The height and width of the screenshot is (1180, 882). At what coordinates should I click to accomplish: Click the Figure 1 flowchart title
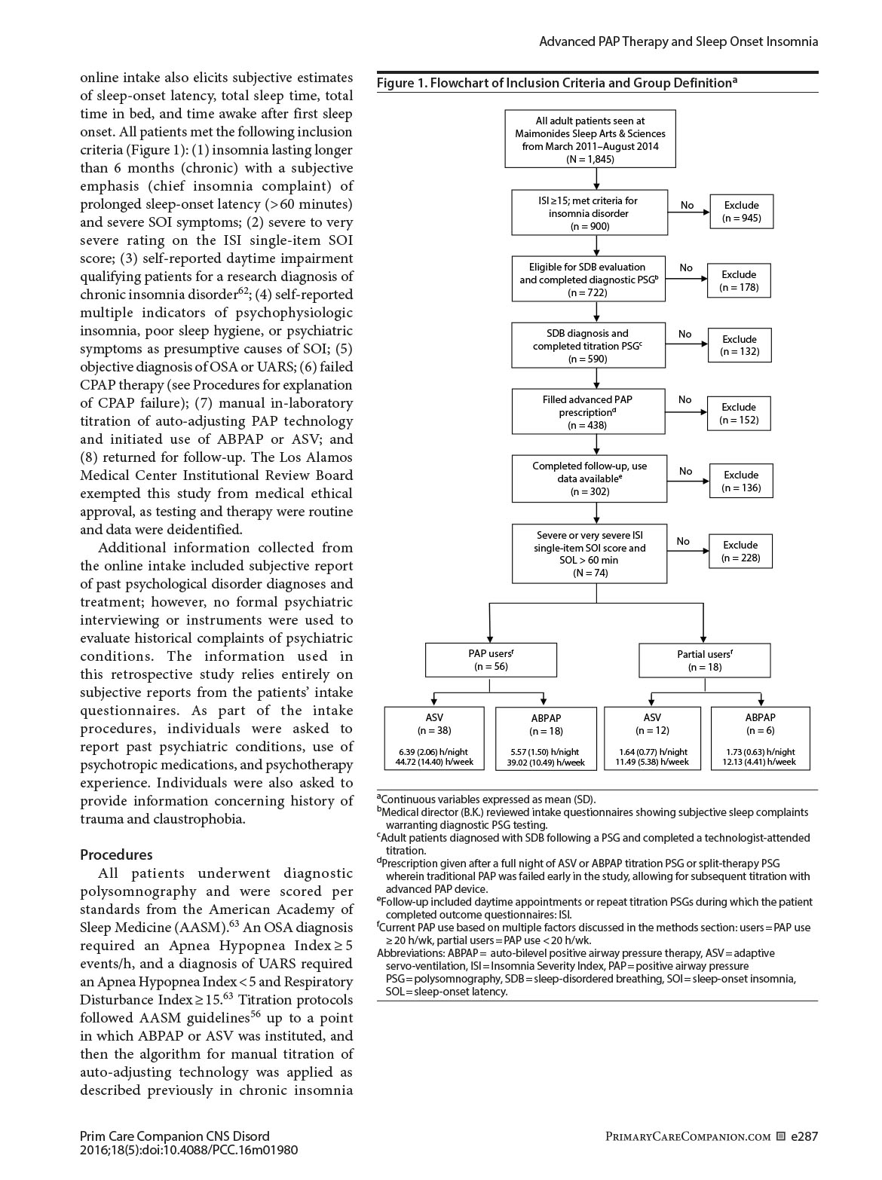556,83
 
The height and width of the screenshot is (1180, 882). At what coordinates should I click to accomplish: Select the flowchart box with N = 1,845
590,139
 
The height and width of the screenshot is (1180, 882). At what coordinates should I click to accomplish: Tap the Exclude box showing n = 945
741,212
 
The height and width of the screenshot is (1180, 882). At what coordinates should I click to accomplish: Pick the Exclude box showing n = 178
739,281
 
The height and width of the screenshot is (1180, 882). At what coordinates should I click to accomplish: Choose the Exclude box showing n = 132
740,345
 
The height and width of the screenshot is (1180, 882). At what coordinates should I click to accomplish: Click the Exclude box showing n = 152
739,414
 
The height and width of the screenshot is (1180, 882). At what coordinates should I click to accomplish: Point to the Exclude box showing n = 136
741,481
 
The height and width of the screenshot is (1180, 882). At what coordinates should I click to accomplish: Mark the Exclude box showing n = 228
740,552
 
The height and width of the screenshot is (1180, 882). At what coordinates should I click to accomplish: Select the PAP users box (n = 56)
491,660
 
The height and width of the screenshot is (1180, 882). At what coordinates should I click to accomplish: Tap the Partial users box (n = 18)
704,660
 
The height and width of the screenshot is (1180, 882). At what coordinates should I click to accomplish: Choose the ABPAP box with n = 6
760,738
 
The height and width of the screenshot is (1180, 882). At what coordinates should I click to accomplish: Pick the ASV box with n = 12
652,738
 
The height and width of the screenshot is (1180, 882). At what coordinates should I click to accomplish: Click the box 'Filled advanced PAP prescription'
589,412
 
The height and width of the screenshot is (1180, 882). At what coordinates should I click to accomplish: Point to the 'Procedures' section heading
116,854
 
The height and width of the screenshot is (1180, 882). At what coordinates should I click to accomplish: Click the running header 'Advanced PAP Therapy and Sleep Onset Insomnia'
678,41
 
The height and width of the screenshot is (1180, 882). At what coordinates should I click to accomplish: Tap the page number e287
804,1136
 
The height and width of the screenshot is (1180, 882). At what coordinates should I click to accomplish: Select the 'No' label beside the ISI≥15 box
687,205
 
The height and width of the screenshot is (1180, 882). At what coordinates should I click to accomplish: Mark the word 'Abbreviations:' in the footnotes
406,953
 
